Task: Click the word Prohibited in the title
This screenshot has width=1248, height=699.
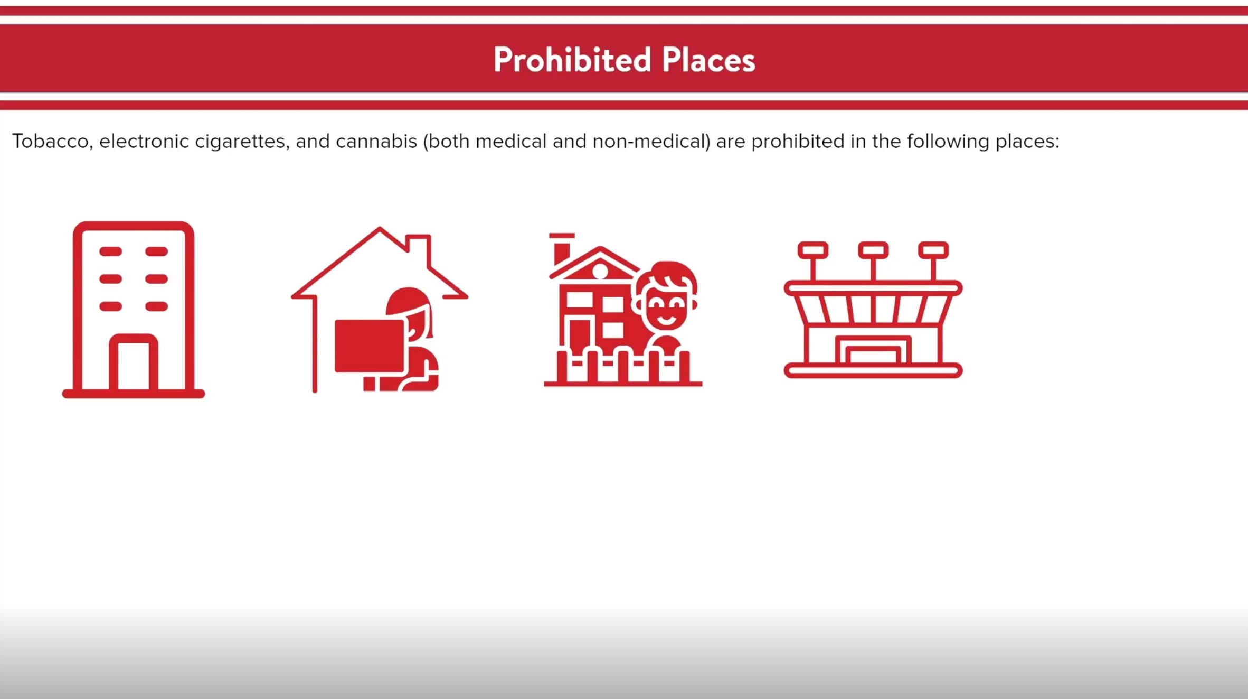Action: click(x=572, y=60)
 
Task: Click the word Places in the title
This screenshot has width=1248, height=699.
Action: click(x=708, y=60)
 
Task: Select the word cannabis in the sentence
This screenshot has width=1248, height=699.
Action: click(x=376, y=142)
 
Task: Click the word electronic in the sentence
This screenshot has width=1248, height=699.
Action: click(x=144, y=142)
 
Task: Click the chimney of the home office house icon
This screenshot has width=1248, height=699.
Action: click(x=418, y=249)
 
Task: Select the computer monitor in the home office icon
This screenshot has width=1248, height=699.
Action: click(x=370, y=346)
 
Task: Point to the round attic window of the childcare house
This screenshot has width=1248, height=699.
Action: click(x=600, y=271)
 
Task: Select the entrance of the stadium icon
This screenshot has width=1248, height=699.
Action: click(x=873, y=349)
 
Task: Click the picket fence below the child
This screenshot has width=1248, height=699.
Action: click(x=623, y=367)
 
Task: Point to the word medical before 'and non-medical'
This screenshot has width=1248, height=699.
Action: click(x=511, y=142)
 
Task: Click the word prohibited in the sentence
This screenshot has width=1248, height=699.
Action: click(x=798, y=142)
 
